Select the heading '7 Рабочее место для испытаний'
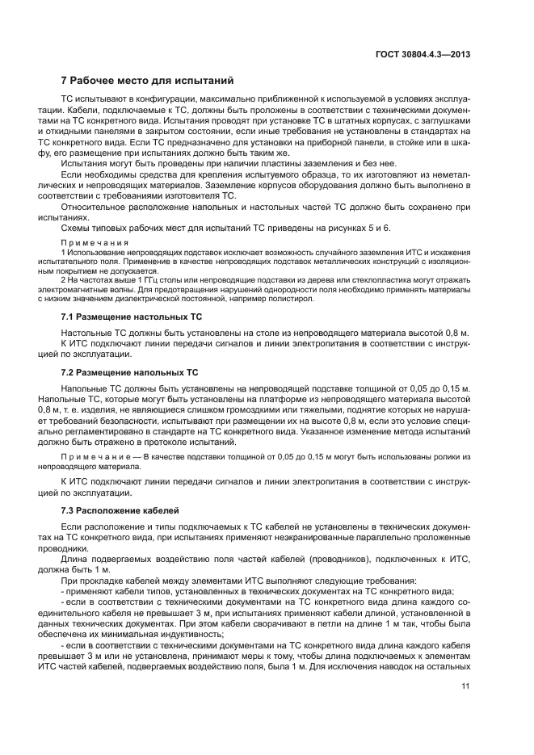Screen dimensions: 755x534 point(147,81)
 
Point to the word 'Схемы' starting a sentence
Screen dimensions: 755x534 point(78,227)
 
